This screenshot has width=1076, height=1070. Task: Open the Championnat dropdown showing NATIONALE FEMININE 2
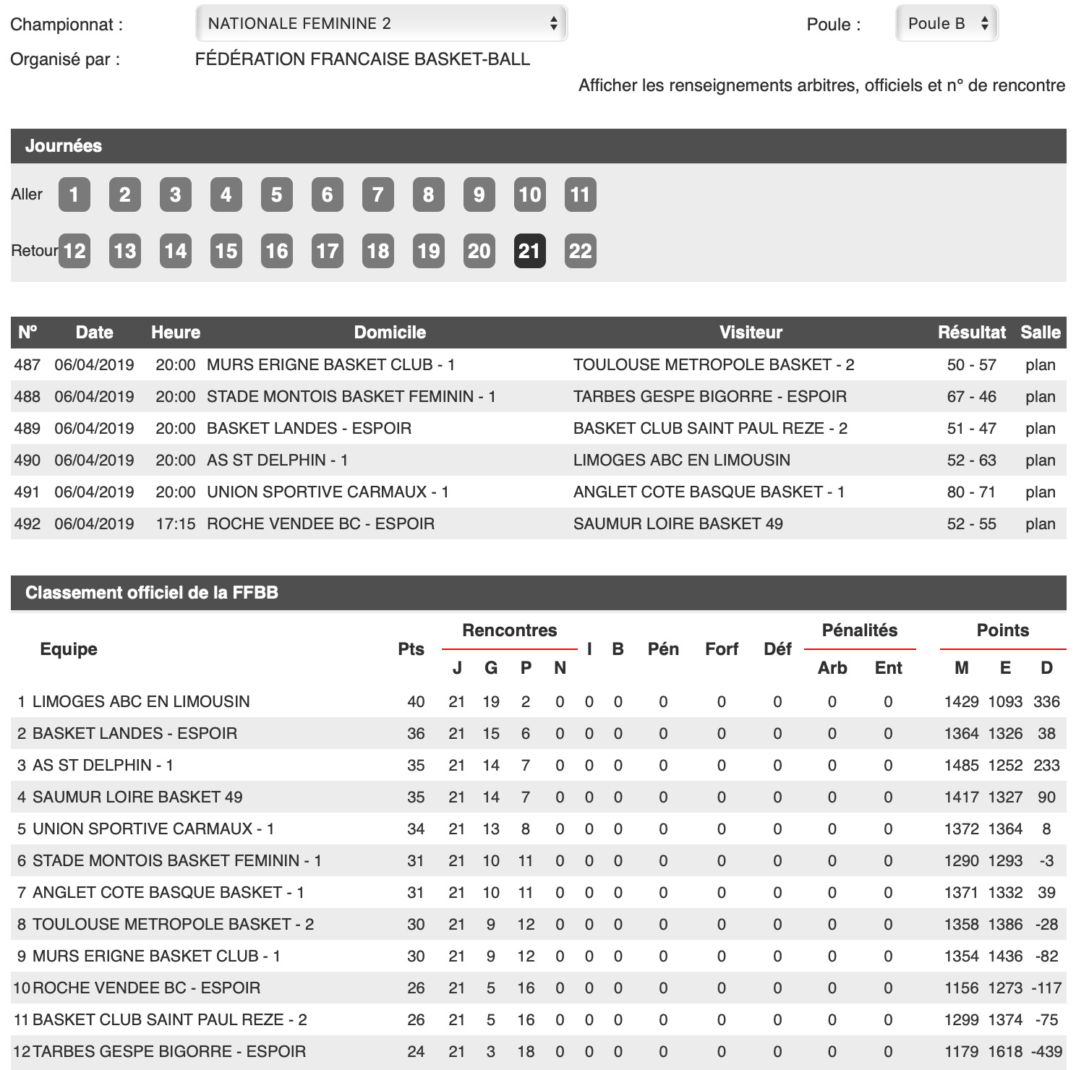(381, 23)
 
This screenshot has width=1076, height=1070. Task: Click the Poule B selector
(947, 23)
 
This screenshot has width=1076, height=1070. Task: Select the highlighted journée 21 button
(529, 251)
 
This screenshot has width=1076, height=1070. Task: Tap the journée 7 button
(377, 194)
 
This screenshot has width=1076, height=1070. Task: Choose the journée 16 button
(276, 251)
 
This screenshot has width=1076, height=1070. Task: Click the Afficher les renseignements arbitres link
(821, 85)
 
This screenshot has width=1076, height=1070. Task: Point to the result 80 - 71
(971, 492)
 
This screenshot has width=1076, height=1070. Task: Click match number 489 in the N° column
(27, 429)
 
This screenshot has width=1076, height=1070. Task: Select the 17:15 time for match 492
(176, 524)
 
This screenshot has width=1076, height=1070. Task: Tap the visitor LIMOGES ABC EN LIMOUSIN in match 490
(681, 461)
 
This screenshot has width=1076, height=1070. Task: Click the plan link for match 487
(1040, 365)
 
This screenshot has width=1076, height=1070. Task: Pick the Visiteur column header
(751, 333)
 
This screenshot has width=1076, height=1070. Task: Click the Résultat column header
(971, 333)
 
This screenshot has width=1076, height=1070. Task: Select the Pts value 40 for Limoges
(416, 702)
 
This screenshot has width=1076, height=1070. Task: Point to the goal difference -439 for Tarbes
(1046, 1052)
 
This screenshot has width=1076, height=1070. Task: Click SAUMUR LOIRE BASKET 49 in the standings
(137, 797)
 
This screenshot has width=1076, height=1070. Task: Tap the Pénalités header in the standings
(859, 630)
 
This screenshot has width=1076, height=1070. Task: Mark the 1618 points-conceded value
(1005, 1052)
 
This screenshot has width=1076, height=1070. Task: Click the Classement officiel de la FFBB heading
(152, 593)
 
